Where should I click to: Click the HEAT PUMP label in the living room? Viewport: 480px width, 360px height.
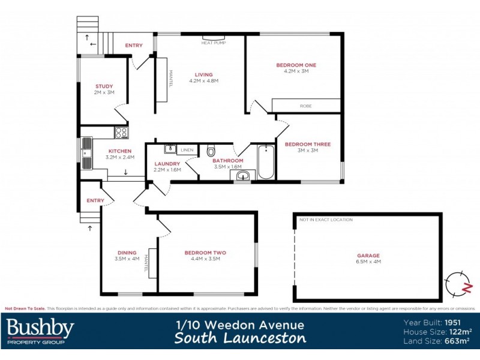214,43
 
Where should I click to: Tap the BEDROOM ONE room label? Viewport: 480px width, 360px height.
296,65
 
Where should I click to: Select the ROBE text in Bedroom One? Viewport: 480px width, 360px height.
306,106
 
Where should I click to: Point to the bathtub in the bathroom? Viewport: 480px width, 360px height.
265,161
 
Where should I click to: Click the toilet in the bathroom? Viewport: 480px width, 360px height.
211,150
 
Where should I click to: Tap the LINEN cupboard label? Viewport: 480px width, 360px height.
187,149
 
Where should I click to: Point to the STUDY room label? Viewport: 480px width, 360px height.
104,86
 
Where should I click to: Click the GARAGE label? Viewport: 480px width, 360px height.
368,256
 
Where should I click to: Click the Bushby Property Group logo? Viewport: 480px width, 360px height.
40,331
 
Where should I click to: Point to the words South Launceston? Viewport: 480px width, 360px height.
240,338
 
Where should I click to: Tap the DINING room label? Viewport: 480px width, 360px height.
127,253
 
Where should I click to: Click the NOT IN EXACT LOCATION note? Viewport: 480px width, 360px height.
326,220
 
